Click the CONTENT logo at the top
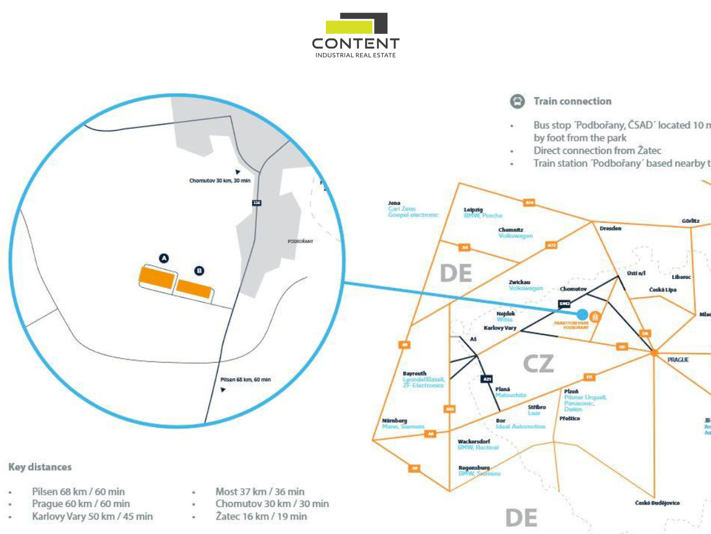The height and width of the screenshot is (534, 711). click(355, 36)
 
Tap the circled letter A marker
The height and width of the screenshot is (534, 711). click(164, 258)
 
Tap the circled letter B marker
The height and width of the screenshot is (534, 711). click(200, 271)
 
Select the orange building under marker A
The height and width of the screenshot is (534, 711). click(157, 277)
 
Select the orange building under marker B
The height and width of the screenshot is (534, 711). click(193, 289)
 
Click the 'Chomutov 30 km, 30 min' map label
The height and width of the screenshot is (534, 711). click(220, 181)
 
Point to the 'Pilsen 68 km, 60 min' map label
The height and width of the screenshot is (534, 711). click(245, 380)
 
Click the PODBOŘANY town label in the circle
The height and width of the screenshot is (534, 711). click(300, 241)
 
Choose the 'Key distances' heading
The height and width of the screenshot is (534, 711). click(40, 467)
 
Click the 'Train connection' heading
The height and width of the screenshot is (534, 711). click(572, 101)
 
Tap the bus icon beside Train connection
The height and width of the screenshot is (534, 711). click(517, 101)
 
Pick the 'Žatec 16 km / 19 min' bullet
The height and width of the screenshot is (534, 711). click(261, 516)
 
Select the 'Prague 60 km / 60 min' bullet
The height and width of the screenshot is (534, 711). click(81, 504)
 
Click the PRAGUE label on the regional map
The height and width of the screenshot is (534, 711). click(678, 360)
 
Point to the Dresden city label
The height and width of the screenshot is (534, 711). click(610, 228)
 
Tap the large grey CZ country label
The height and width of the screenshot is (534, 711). click(538, 364)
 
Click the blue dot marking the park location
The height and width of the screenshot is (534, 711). click(582, 314)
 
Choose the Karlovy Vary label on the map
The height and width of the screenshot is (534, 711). click(500, 328)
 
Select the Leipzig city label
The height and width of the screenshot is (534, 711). click(473, 210)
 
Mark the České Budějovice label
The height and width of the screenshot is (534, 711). click(657, 503)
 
